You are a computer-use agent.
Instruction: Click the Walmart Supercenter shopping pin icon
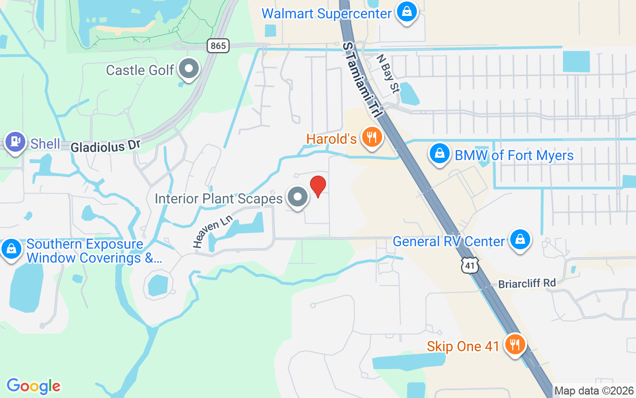(406, 12)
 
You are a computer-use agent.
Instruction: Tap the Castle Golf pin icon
(189, 69)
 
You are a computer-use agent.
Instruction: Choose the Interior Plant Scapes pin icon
(298, 197)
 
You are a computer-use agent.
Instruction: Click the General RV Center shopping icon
(520, 240)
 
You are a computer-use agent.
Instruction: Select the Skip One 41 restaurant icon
(514, 344)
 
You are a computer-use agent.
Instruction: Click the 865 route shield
(218, 46)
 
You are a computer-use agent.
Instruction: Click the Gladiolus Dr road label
(106, 146)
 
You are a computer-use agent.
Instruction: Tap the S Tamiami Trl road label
(363, 80)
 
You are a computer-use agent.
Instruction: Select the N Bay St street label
(388, 74)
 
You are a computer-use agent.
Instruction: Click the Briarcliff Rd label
(527, 283)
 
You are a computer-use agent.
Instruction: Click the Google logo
(33, 386)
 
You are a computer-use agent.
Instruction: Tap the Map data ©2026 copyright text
(594, 391)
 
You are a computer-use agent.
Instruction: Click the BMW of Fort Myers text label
(514, 155)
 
